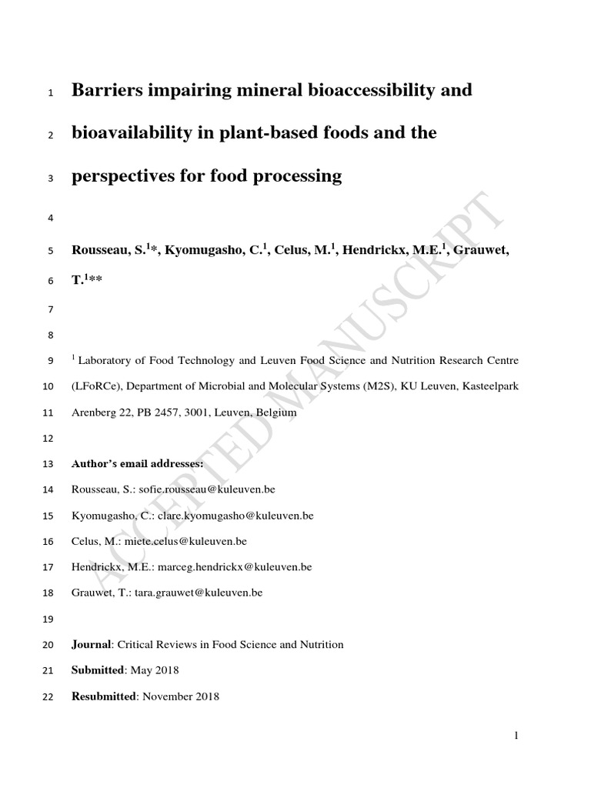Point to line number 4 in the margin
coord(50,219)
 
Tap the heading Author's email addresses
coord(138,464)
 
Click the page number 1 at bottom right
coord(516,736)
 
